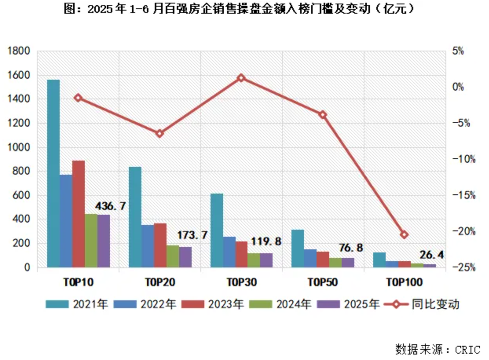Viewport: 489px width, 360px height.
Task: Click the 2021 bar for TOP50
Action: [298, 248]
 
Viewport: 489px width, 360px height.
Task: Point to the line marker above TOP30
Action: [241, 78]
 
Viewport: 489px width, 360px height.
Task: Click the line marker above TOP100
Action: [404, 234]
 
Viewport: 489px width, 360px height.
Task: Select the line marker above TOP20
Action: [159, 133]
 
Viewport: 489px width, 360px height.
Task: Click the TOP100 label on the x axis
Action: [404, 282]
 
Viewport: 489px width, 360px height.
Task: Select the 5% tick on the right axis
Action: [457, 51]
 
